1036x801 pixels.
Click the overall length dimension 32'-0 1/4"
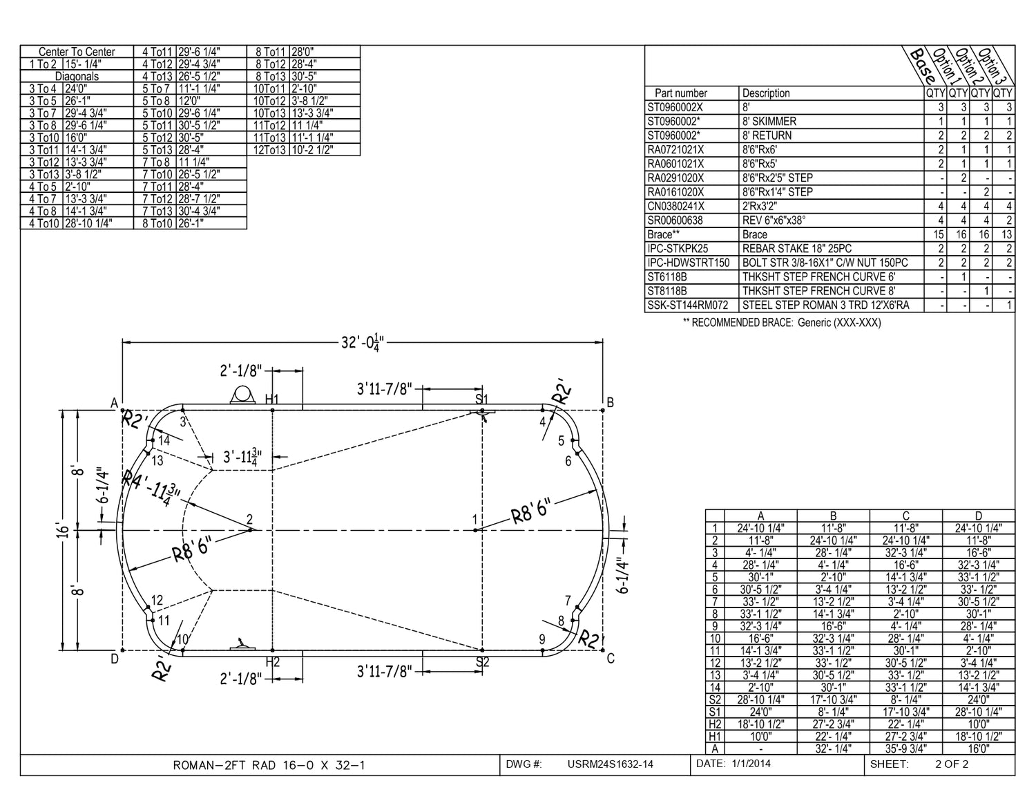pyautogui.click(x=363, y=343)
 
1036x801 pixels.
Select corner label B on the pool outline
pyautogui.click(x=611, y=403)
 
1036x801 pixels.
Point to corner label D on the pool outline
pyautogui.click(x=115, y=659)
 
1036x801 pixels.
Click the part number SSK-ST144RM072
pyautogui.click(x=687, y=305)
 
